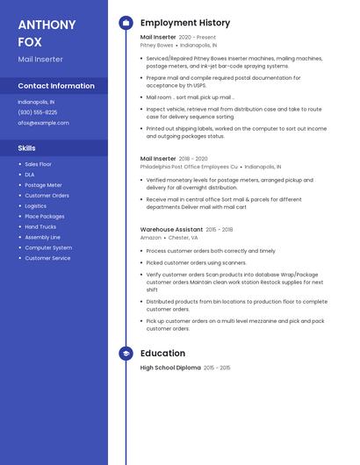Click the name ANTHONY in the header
(47, 25)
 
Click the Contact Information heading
(56, 86)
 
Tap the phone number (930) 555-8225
(38, 112)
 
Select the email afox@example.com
(43, 123)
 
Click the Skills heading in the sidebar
(27, 148)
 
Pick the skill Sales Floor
(38, 164)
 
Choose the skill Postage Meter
(43, 185)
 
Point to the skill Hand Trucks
(40, 226)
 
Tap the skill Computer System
(48, 247)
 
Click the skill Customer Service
(47, 258)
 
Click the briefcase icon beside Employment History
(126, 23)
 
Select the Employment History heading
(185, 23)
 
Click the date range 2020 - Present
(197, 38)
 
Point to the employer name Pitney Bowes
(156, 45)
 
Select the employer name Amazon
(151, 237)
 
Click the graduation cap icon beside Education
(126, 354)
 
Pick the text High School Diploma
(170, 368)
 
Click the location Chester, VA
(184, 237)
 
